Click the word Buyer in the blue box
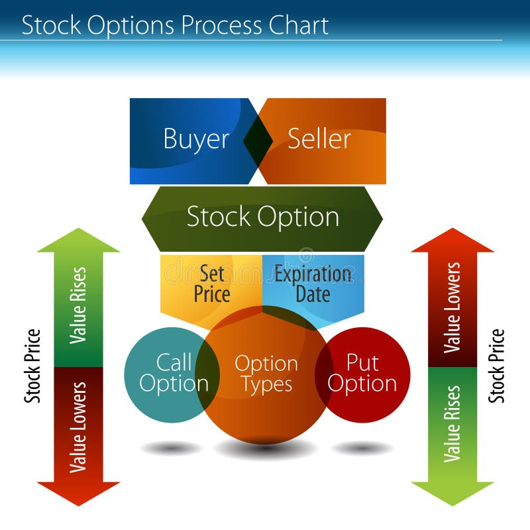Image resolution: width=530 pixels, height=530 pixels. pos(196,139)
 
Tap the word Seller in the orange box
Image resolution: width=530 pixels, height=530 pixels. pos(319,139)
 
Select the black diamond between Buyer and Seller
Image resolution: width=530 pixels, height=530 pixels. pos(258,140)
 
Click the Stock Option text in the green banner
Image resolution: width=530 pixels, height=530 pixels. pos(262,217)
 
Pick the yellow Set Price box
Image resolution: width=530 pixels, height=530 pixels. pos(211,284)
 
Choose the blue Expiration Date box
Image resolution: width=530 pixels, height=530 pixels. pos(313,284)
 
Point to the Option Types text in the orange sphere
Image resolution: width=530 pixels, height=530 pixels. pos(266,374)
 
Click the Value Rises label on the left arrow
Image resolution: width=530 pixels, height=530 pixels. pos(78,305)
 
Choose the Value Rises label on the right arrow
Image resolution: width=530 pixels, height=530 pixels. pos(452,424)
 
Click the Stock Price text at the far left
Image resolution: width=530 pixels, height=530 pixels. pos(32,366)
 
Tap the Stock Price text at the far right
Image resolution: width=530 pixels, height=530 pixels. pos(497,366)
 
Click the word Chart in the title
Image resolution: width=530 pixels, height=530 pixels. pos(297,25)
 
